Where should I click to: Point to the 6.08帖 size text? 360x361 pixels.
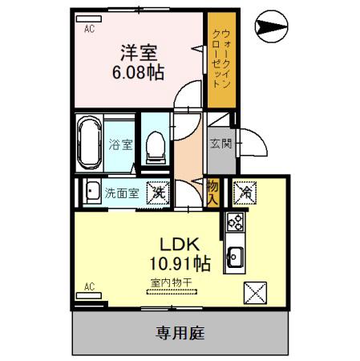click(x=138, y=73)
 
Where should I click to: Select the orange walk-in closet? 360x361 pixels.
click(x=220, y=60)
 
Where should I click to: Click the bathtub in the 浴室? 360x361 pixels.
click(x=88, y=143)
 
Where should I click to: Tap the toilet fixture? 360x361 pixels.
click(x=157, y=145)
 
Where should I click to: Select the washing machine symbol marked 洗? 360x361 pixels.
click(x=159, y=193)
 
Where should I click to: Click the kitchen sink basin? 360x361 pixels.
click(x=237, y=258)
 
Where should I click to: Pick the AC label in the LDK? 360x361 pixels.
click(x=90, y=286)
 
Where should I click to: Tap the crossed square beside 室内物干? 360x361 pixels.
click(x=256, y=292)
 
